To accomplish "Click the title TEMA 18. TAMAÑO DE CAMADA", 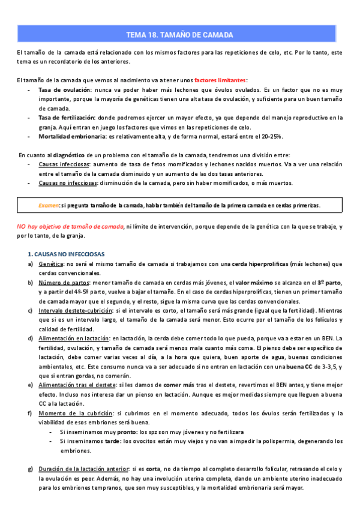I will click(x=180, y=35).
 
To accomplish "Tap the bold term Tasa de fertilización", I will click(x=65, y=118).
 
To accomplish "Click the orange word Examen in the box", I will click(x=49, y=205).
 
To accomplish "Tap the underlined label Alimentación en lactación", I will click(x=74, y=339).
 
